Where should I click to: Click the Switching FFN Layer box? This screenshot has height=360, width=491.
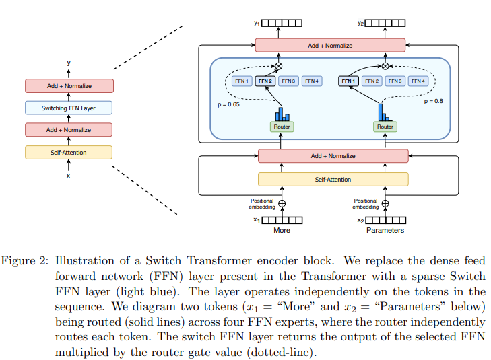(x=69, y=108)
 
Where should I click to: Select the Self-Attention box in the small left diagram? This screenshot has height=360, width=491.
(x=69, y=152)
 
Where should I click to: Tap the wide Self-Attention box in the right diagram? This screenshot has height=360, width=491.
(x=333, y=180)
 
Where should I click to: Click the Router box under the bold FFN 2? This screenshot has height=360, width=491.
(x=282, y=127)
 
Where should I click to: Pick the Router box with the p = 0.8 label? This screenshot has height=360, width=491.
(x=385, y=127)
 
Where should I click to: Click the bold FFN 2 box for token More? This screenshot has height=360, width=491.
(x=264, y=81)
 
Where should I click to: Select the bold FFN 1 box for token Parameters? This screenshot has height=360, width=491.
(x=348, y=81)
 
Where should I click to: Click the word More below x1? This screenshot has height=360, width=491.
(x=282, y=231)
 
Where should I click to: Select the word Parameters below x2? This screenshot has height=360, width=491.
(x=385, y=231)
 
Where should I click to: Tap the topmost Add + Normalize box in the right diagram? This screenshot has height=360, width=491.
(x=330, y=45)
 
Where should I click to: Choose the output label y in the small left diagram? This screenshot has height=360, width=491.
(x=69, y=63)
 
